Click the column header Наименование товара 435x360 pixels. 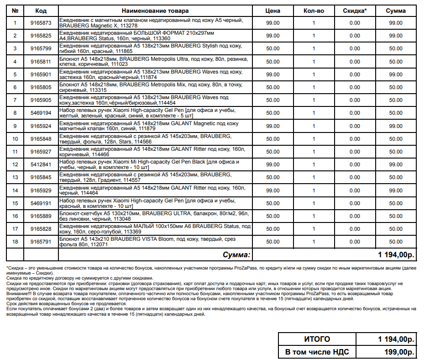pos(155,11)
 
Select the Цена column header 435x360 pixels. pos(273,11)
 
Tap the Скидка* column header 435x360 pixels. pos(355,11)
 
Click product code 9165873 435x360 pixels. pos(41,23)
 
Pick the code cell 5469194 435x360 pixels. pos(41,113)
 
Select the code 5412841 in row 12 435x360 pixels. pos(41,164)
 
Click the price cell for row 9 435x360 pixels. pos(273,126)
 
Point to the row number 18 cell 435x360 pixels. pos(15,242)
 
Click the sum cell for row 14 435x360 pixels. pos(396,190)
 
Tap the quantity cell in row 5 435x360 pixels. pos(314,74)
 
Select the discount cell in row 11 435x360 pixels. pos(355,152)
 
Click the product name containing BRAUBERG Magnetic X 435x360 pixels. pos(155,23)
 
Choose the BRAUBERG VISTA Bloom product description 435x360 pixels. pos(155,242)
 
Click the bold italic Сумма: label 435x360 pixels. pos(236,254)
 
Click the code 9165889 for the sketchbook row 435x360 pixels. pos(41,216)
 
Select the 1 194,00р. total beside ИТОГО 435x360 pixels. pos(395,339)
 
